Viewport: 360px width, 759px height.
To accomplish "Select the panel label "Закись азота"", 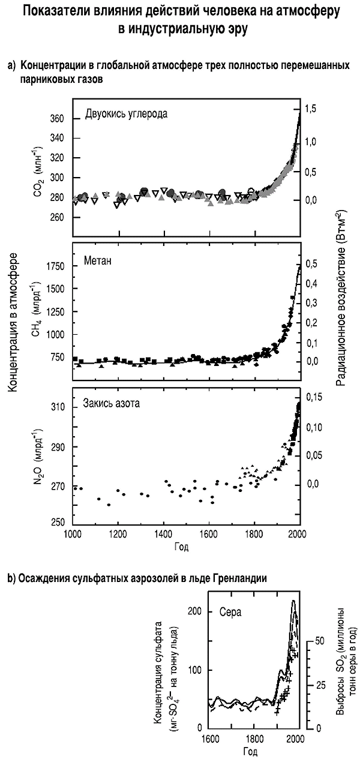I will click(x=112, y=403).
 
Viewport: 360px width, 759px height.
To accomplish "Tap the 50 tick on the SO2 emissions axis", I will click(x=311, y=641).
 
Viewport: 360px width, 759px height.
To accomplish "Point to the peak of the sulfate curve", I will click(x=293, y=601).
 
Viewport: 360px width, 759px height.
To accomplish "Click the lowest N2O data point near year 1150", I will click(x=109, y=505).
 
